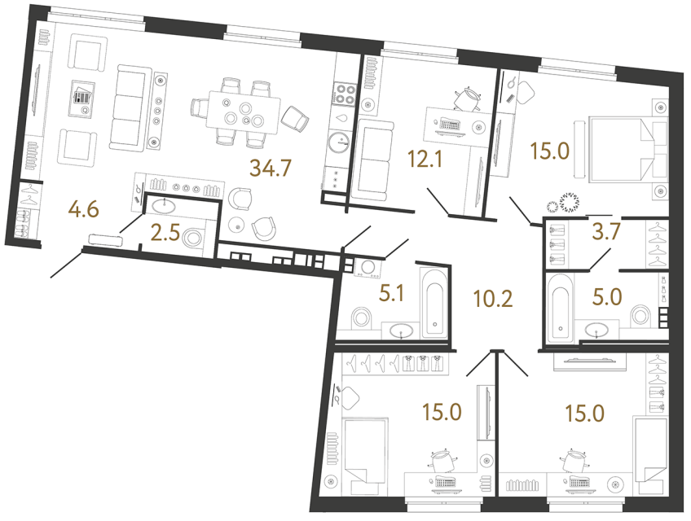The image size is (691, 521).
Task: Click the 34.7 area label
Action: click(271, 170)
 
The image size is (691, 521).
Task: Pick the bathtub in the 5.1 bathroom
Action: click(432, 300)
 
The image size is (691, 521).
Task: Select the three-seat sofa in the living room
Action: click(126, 107)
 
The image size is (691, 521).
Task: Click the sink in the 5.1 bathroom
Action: click(401, 331)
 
